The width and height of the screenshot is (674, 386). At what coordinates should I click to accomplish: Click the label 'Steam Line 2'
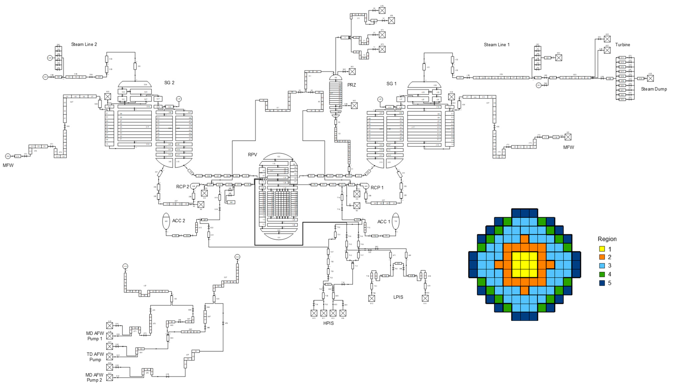(x=84, y=45)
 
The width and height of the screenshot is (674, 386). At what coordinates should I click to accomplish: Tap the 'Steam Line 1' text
(x=496, y=45)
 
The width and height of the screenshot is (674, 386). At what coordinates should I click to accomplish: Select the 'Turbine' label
(x=622, y=45)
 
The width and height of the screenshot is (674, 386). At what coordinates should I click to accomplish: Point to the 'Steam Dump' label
(x=654, y=89)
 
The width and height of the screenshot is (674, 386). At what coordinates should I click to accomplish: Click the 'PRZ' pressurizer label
(x=352, y=85)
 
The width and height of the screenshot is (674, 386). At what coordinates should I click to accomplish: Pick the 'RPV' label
(x=252, y=155)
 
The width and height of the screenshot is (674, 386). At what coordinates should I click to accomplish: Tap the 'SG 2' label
(x=169, y=83)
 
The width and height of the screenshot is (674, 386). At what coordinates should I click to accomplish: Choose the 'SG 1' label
(x=391, y=84)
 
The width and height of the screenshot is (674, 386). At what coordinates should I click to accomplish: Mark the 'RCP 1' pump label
(x=377, y=188)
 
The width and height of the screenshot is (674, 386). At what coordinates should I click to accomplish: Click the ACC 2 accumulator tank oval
(x=166, y=221)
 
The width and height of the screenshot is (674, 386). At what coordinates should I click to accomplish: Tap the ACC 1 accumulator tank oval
(x=395, y=221)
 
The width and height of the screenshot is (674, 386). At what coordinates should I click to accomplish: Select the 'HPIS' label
(x=328, y=323)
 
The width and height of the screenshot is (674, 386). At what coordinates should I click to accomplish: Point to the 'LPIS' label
(x=398, y=297)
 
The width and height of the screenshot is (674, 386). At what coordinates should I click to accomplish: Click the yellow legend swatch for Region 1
(x=602, y=249)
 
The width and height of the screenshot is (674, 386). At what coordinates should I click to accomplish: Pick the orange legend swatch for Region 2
(x=602, y=257)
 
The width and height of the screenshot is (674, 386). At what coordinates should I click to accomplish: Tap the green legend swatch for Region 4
(x=602, y=274)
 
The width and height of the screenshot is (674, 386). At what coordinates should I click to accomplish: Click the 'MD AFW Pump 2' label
(x=94, y=377)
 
